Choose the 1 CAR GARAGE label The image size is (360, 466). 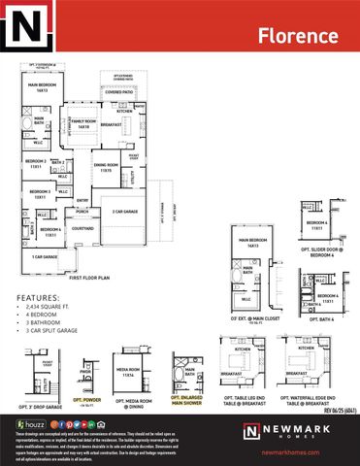[44, 257]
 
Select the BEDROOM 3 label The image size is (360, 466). [40, 193]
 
